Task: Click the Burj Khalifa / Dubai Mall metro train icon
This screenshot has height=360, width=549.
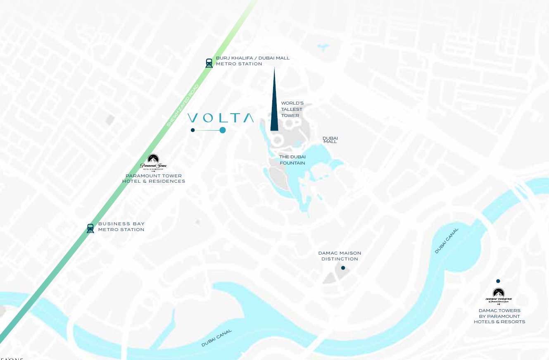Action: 209,63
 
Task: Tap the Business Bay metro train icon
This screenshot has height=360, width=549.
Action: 90,228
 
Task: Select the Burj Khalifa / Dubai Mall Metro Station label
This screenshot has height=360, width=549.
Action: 252,61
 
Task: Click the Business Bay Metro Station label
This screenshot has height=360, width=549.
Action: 121,226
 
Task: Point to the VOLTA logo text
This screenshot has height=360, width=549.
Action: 221,118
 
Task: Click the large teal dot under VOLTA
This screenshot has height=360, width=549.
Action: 223,130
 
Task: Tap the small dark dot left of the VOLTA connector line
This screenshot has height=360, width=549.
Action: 193,130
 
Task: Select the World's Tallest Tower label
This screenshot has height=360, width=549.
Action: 292,109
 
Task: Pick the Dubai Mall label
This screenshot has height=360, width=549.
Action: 330,140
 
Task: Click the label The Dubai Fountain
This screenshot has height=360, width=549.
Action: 292,160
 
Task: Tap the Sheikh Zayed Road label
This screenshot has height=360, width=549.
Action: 183,105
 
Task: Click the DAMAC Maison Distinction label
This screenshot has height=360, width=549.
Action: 340,256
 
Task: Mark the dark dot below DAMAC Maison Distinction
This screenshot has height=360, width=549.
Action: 343,268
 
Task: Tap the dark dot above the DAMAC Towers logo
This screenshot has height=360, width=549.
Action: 498,281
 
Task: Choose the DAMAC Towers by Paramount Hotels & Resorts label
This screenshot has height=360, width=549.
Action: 499,316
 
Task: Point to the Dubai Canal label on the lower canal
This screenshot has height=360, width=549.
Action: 216,338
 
